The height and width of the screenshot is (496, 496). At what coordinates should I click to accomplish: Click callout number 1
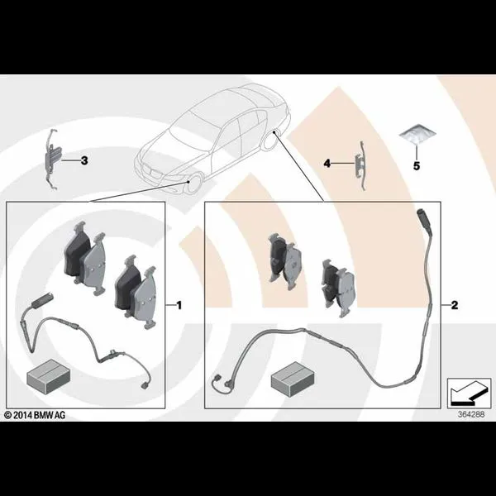(x=179, y=306)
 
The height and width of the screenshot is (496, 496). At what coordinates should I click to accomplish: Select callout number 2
(x=454, y=305)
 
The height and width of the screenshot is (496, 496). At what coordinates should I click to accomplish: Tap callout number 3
(x=84, y=160)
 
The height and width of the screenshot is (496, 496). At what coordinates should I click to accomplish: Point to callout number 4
(x=327, y=164)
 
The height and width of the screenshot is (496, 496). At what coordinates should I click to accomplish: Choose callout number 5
(x=417, y=166)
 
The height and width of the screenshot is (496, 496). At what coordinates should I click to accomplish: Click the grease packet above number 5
(x=417, y=134)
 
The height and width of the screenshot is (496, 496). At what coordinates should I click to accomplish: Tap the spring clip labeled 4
(x=361, y=165)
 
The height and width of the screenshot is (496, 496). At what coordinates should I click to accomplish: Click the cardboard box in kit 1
(x=49, y=376)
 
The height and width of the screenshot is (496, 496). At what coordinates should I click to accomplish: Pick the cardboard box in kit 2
(x=293, y=379)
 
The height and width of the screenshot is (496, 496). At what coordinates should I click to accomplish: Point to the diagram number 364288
(x=471, y=414)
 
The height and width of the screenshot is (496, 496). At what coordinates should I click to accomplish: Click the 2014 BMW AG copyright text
(x=35, y=415)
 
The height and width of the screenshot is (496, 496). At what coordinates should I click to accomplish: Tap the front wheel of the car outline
(x=193, y=184)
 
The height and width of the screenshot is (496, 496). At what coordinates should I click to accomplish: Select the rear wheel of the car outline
(x=270, y=140)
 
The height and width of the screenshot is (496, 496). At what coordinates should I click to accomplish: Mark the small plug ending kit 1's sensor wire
(x=144, y=385)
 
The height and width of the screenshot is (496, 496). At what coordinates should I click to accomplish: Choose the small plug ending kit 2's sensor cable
(x=217, y=378)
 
